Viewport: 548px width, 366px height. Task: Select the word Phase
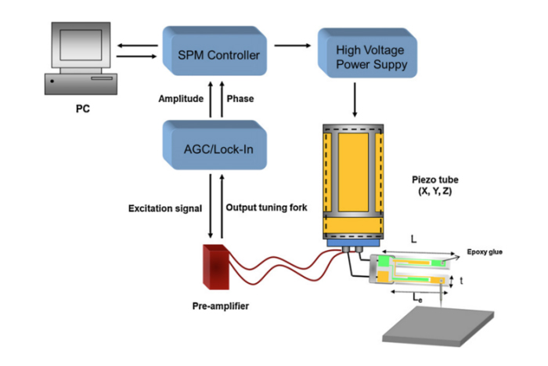(239, 99)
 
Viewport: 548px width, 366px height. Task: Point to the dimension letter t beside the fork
(462, 280)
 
